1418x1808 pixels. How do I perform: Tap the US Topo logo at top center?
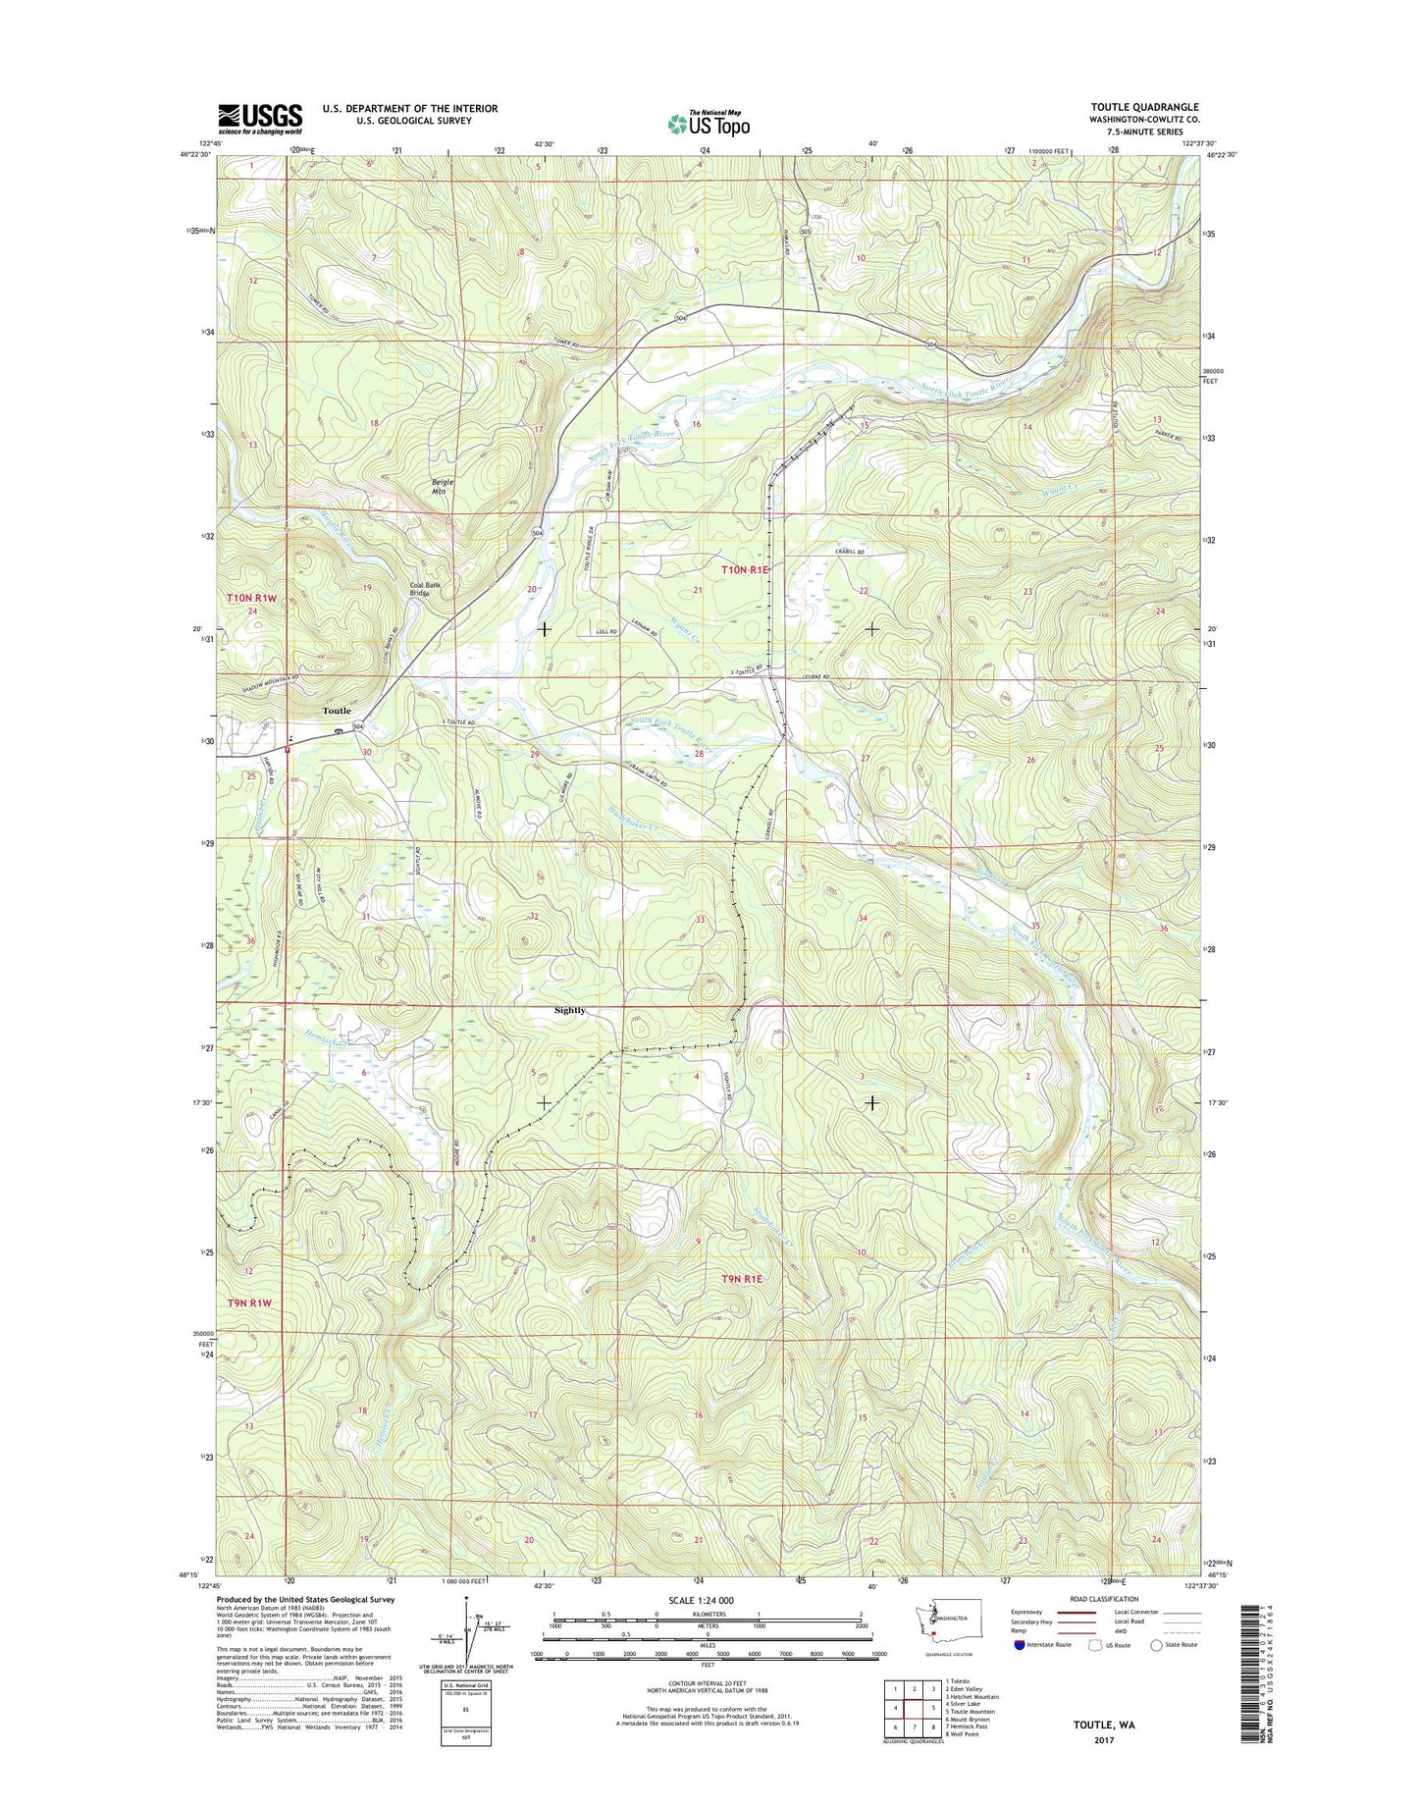(x=709, y=123)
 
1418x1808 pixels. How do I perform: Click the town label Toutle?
(x=337, y=711)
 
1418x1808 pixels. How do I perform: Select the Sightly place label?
(x=569, y=1010)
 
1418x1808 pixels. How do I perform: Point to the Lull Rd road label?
(x=607, y=632)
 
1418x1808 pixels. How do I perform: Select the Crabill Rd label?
(x=850, y=553)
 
